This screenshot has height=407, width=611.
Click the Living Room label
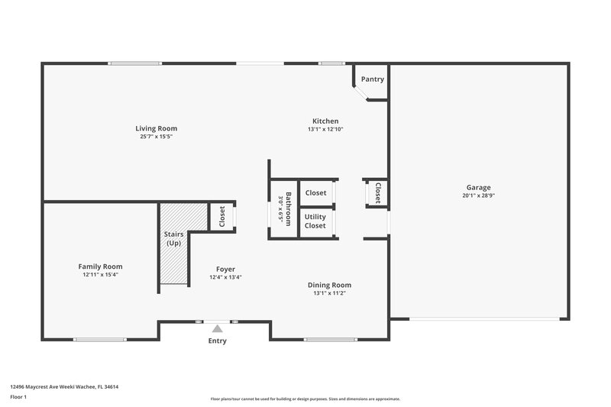click(156, 128)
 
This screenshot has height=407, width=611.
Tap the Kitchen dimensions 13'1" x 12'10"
click(325, 130)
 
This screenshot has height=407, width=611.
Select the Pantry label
click(373, 79)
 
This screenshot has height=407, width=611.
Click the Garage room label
click(479, 187)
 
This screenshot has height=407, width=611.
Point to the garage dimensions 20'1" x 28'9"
click(479, 195)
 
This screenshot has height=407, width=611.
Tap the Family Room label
click(100, 266)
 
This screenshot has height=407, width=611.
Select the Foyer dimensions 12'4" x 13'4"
click(225, 277)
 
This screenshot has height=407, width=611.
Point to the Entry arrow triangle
click(218, 329)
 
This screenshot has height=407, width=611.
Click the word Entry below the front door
click(218, 341)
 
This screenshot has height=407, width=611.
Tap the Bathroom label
click(288, 209)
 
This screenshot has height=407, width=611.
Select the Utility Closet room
click(315, 221)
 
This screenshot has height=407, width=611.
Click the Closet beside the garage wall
click(377, 193)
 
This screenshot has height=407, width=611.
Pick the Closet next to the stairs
click(222, 217)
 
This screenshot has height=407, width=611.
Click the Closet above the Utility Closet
click(315, 193)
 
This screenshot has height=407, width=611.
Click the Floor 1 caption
click(19, 398)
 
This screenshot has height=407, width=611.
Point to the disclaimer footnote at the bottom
click(305, 399)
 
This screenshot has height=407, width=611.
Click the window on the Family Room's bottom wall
click(100, 338)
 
